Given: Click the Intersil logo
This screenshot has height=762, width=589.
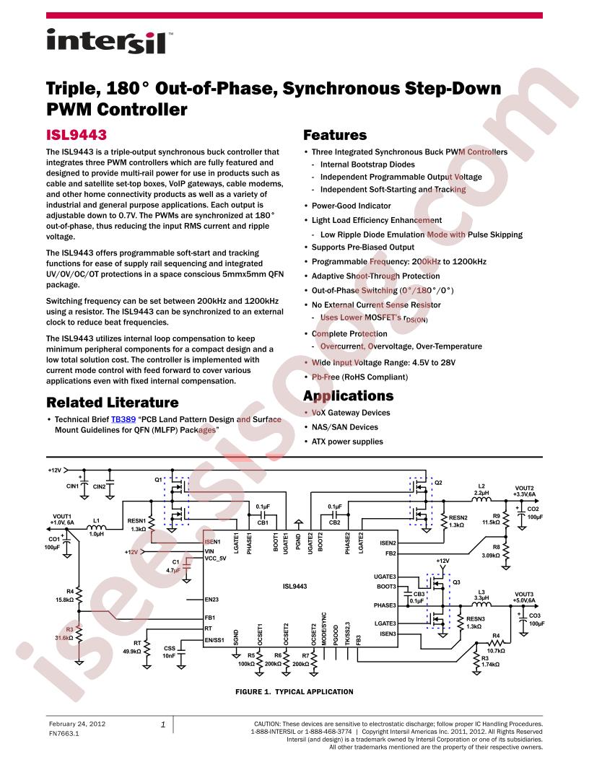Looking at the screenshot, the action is point(106,41).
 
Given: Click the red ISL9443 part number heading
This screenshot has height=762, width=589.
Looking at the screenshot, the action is point(77,135).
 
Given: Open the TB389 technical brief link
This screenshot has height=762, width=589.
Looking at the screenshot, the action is point(123,419).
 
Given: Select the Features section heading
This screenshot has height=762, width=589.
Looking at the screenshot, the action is point(335,135).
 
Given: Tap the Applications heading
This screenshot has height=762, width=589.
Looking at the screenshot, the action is point(349,396).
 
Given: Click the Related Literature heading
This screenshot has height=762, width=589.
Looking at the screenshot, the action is point(113,403).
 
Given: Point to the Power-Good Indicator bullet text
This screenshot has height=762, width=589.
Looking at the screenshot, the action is point(352,206).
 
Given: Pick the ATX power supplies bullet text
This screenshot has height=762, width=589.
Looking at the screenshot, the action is point(347,442).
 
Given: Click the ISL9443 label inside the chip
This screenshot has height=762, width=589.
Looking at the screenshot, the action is point(294,587).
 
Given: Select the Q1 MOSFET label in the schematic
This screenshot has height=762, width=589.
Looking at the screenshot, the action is point(158,480).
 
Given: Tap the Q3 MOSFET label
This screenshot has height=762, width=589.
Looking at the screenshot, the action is point(456,582).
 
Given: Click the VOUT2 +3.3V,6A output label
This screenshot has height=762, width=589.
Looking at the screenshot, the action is point(524,491).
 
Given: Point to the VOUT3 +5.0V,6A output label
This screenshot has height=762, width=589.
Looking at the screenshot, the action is point(524,597).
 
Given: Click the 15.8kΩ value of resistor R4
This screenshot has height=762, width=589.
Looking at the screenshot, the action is point(65,600).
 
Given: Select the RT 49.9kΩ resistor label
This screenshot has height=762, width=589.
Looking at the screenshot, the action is point(131,647).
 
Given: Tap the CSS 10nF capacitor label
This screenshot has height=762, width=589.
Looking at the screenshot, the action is point(169,652).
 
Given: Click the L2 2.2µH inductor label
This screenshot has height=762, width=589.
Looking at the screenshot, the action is point(481,489).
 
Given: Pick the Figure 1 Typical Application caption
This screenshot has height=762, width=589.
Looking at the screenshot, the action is point(294,691).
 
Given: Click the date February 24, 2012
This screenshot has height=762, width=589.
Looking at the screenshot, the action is point(77,724).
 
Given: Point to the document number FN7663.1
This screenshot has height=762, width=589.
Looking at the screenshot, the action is point(64,733).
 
